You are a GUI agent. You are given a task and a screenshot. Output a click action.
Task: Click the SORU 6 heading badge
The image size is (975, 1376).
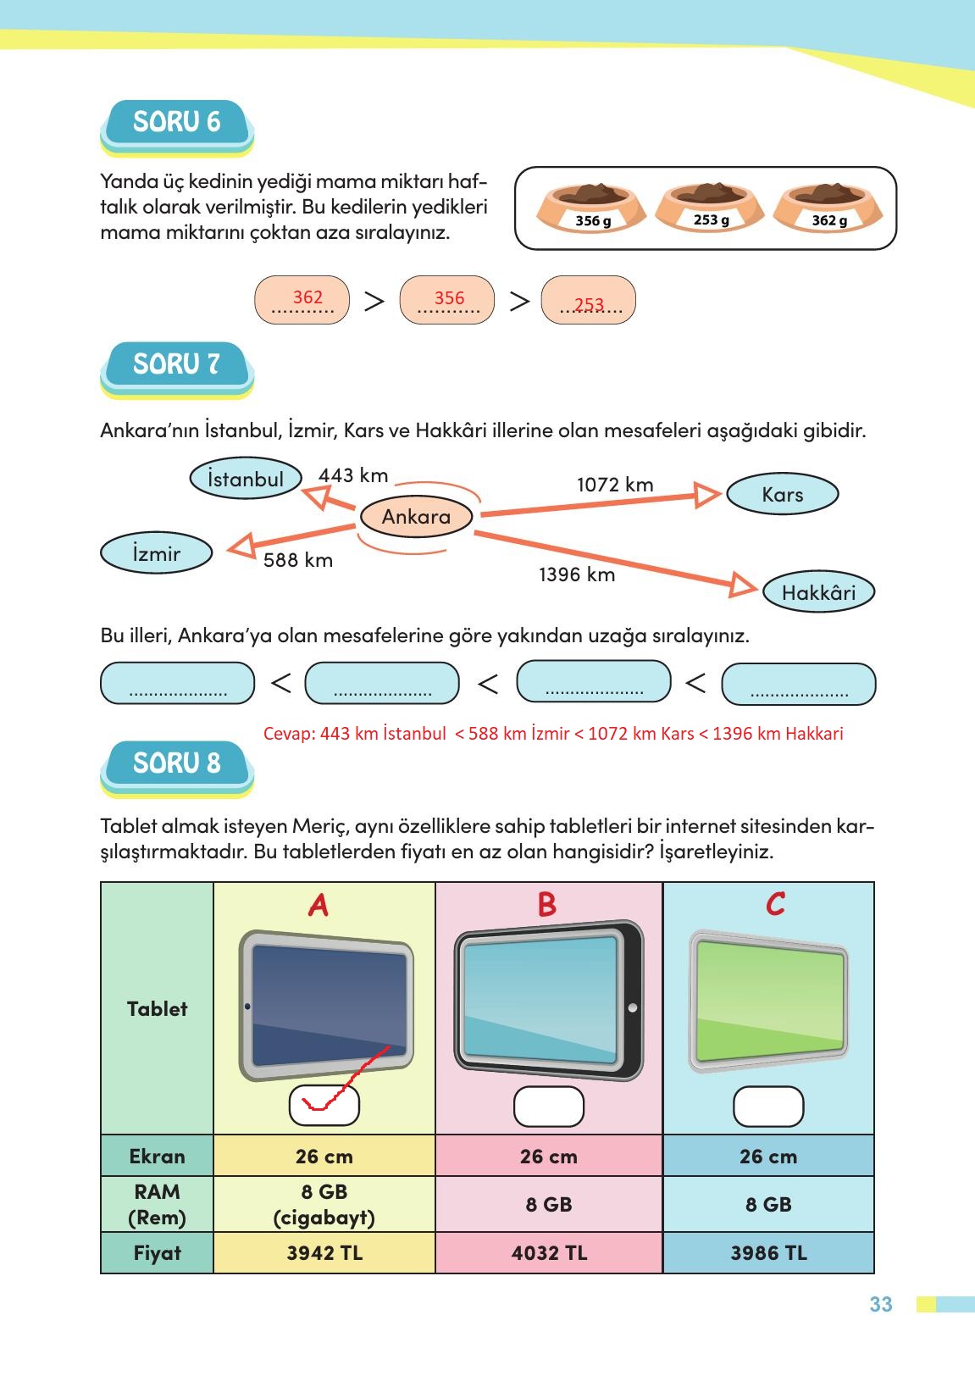pos(177,124)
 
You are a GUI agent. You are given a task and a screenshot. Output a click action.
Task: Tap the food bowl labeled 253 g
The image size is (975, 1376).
pos(710,206)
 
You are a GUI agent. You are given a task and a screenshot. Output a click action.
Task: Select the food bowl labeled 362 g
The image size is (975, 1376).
pos(828,206)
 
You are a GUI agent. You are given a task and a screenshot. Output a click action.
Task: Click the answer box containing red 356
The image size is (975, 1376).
pos(447,300)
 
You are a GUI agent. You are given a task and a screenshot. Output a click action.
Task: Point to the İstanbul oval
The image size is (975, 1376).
pos(246,479)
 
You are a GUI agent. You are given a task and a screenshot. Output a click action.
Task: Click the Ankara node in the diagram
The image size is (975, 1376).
pos(416,517)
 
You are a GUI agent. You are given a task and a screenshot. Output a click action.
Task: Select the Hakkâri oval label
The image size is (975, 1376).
pos(817,592)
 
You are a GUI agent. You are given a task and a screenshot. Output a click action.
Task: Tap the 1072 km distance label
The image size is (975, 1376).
pos(615,485)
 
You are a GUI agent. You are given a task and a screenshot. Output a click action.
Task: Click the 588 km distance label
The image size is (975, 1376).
pos(297,560)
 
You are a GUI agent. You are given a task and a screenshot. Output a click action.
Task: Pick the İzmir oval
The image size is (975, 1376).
pos(156,553)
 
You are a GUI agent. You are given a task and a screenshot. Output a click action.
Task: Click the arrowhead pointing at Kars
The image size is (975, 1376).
pos(706,494)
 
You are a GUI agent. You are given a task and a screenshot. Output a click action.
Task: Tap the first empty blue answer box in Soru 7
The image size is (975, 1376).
pos(177,684)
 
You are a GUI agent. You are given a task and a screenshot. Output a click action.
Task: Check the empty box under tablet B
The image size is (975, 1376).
pos(549,1107)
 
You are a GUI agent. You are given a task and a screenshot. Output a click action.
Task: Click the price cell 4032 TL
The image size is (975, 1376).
pos(549,1253)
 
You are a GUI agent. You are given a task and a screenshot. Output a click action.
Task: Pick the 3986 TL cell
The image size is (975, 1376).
pos(768,1253)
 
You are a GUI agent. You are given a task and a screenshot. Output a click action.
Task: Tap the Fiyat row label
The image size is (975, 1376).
pos(157,1253)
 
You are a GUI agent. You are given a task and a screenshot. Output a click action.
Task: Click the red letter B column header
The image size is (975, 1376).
pos(547,905)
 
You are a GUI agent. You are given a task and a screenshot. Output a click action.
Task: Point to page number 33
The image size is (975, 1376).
pos(881,1304)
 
